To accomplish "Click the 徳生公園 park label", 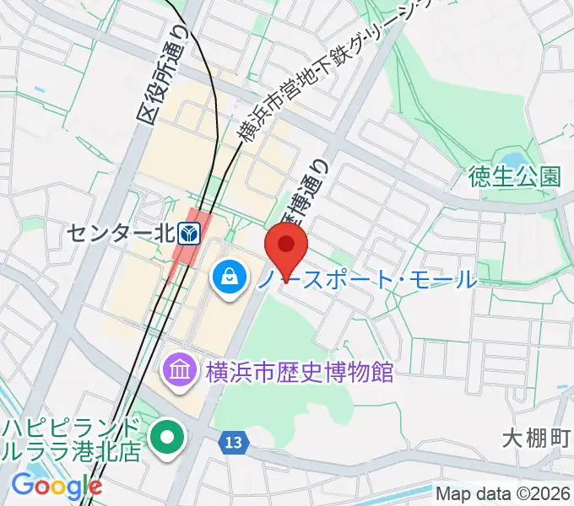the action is pos(516,176).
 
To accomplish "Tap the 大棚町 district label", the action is pos(537,439).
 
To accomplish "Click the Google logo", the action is pos(57,487).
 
